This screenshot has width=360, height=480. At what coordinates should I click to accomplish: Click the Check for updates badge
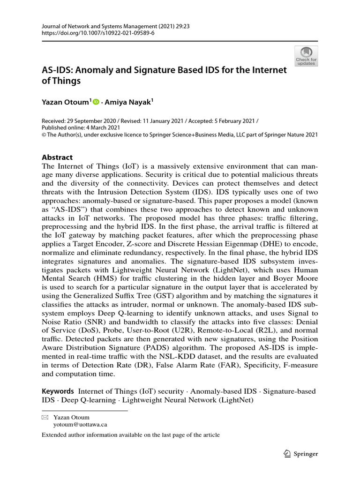pos(306,56)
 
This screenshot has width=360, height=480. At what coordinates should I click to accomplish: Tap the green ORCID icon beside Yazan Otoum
pos(97,101)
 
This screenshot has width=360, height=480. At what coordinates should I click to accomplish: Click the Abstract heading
pos(58,157)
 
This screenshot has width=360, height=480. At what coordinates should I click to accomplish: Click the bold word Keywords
pos(58,391)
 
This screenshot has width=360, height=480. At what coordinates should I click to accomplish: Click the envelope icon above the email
pos(45,417)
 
